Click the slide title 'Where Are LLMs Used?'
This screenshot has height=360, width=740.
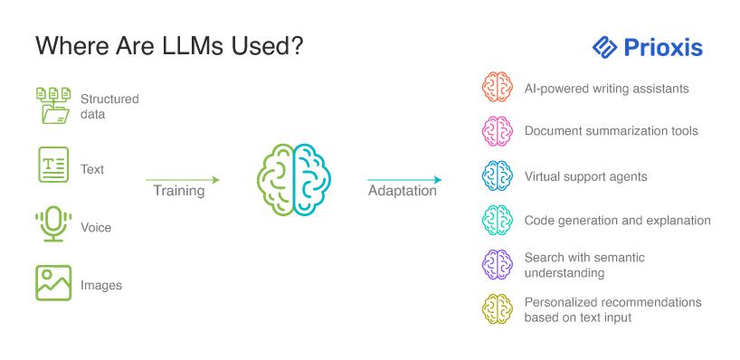tap(169, 47)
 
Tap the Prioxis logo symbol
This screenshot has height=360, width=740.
tap(604, 47)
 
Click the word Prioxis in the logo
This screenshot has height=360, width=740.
tap(663, 47)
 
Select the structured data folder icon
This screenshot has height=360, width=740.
tap(53, 106)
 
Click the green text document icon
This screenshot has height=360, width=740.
tap(53, 165)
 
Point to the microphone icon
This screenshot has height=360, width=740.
tap(53, 223)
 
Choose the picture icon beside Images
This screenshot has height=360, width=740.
tap(53, 282)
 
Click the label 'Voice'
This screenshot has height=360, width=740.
tap(96, 227)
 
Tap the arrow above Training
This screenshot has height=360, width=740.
tap(183, 180)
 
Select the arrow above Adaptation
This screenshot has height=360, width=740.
tap(404, 180)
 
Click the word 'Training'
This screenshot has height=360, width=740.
tap(179, 191)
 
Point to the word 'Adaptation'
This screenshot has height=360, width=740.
tap(402, 191)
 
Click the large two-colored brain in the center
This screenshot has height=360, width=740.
tap(294, 180)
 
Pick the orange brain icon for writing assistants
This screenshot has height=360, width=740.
tap(498, 87)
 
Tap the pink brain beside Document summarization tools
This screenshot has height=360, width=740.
tap(498, 131)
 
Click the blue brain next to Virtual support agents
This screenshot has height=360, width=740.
tap(498, 176)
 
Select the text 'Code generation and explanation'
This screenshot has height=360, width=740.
tap(617, 221)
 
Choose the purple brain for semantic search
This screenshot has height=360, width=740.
tap(498, 265)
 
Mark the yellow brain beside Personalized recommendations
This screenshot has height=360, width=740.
tap(498, 309)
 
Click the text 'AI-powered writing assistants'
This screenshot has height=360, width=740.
tap(606, 89)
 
